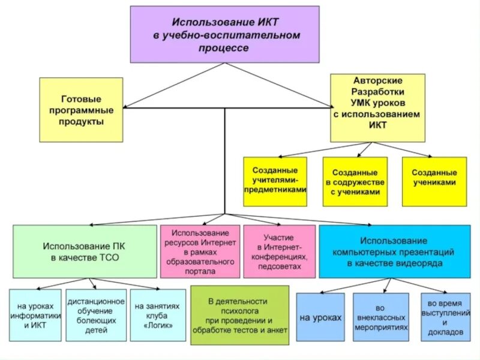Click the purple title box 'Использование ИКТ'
[x=224, y=34]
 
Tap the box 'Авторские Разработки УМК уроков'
[x=377, y=107]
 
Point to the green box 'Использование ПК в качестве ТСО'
[x=84, y=251]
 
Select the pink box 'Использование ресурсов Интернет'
[x=200, y=251]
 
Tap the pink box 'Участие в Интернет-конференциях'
[x=279, y=251]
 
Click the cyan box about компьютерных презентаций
[x=394, y=251]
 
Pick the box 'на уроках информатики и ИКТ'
[x=35, y=315]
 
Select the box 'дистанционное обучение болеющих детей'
[x=95, y=315]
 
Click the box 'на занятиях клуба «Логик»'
[x=157, y=315]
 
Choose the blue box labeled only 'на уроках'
[x=320, y=317]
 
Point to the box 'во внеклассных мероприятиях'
[x=381, y=317]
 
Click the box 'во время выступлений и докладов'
[x=445, y=317]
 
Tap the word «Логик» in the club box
[x=158, y=326]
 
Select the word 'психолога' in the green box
[x=238, y=311]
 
